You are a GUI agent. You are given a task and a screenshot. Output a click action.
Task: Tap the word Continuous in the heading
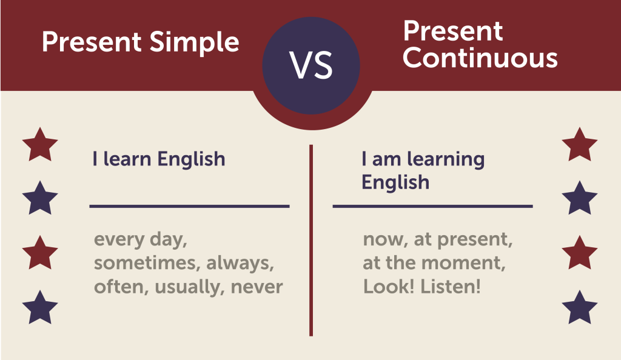[x=480, y=58]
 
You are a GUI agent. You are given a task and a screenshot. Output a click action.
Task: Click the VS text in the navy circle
[x=311, y=65]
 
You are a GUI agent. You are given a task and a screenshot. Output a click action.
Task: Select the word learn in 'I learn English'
[x=127, y=159]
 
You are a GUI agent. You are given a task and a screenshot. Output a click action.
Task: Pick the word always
[x=240, y=263]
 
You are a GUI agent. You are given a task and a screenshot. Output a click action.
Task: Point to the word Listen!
[x=451, y=287]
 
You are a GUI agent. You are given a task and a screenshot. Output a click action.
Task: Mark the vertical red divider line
[x=311, y=241]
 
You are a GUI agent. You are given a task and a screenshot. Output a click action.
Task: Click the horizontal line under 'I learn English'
[x=189, y=206]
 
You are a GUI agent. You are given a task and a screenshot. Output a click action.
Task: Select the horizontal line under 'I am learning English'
[x=432, y=206]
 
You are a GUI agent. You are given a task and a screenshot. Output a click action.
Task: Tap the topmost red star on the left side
[x=40, y=145]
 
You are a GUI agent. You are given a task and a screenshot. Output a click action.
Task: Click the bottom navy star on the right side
[x=579, y=308]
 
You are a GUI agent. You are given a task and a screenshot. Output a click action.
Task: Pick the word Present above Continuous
[x=452, y=32]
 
